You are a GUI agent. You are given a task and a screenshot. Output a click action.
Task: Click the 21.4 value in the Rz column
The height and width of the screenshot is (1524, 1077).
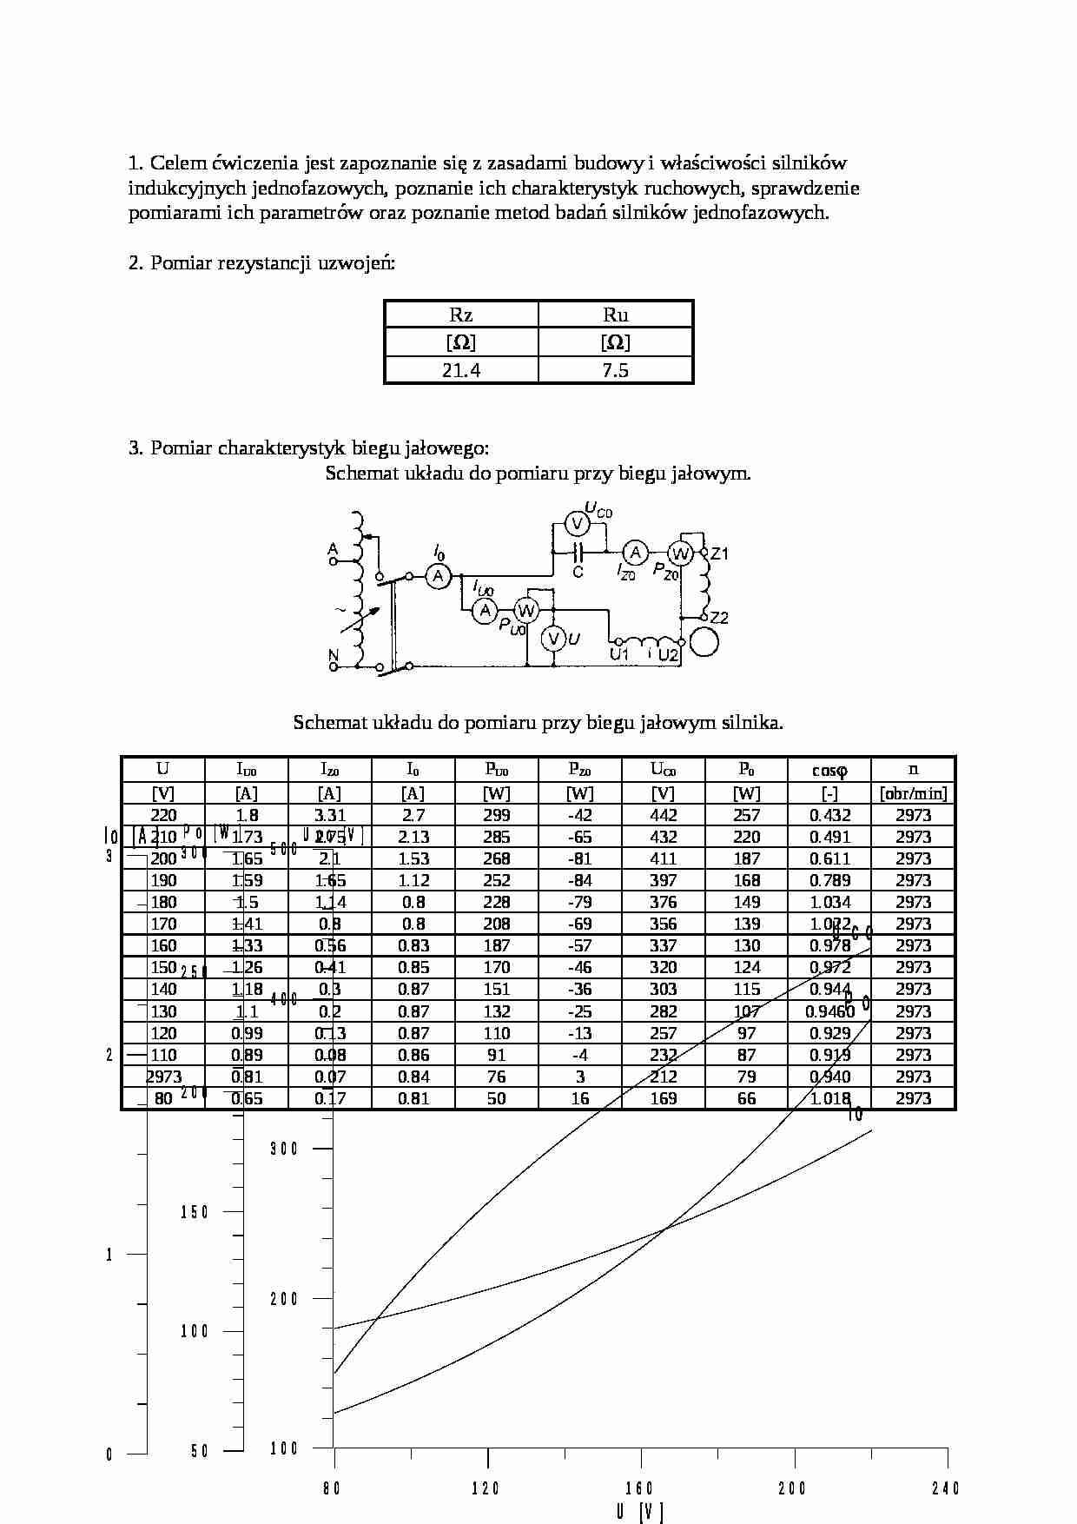[x=461, y=370]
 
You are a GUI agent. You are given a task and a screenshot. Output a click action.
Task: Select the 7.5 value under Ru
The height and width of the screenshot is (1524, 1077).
[x=615, y=370]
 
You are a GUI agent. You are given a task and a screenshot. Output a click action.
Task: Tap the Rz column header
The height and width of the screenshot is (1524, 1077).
[x=461, y=315]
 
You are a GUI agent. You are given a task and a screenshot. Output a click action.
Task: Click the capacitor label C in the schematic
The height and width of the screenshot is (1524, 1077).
[x=578, y=572]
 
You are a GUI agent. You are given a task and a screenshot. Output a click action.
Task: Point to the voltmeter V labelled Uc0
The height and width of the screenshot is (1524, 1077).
[x=577, y=523]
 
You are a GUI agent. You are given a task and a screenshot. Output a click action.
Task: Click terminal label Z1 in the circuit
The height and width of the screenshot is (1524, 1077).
[x=720, y=553]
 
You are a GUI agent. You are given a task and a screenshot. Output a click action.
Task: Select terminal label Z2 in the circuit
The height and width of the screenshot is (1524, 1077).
[x=719, y=619]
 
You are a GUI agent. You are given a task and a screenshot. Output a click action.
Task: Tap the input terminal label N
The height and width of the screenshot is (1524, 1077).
[x=333, y=655]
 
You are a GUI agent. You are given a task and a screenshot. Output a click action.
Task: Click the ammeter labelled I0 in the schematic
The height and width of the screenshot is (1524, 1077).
[x=439, y=575]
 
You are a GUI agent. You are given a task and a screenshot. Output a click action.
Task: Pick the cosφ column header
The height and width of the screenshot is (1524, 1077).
[x=829, y=770]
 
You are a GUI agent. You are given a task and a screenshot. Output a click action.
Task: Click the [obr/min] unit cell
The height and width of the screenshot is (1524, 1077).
[x=913, y=793]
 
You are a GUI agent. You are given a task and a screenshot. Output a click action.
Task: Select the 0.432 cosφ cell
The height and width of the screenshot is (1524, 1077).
[x=829, y=815]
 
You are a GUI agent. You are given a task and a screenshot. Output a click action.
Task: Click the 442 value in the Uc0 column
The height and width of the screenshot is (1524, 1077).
[x=663, y=815]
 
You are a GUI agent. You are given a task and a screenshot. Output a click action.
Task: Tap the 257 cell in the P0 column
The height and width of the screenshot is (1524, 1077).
[x=746, y=815]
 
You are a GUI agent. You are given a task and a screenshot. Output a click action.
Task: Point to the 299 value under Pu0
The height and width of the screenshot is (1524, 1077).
[x=496, y=815]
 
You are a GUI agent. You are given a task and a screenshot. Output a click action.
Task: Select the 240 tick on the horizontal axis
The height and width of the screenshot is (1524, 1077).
[x=945, y=1488]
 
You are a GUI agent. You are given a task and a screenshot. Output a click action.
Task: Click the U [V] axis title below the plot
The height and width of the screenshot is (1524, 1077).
[x=639, y=1513]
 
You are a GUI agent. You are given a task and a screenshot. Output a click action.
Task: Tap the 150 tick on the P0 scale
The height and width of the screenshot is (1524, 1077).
[x=195, y=1212]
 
